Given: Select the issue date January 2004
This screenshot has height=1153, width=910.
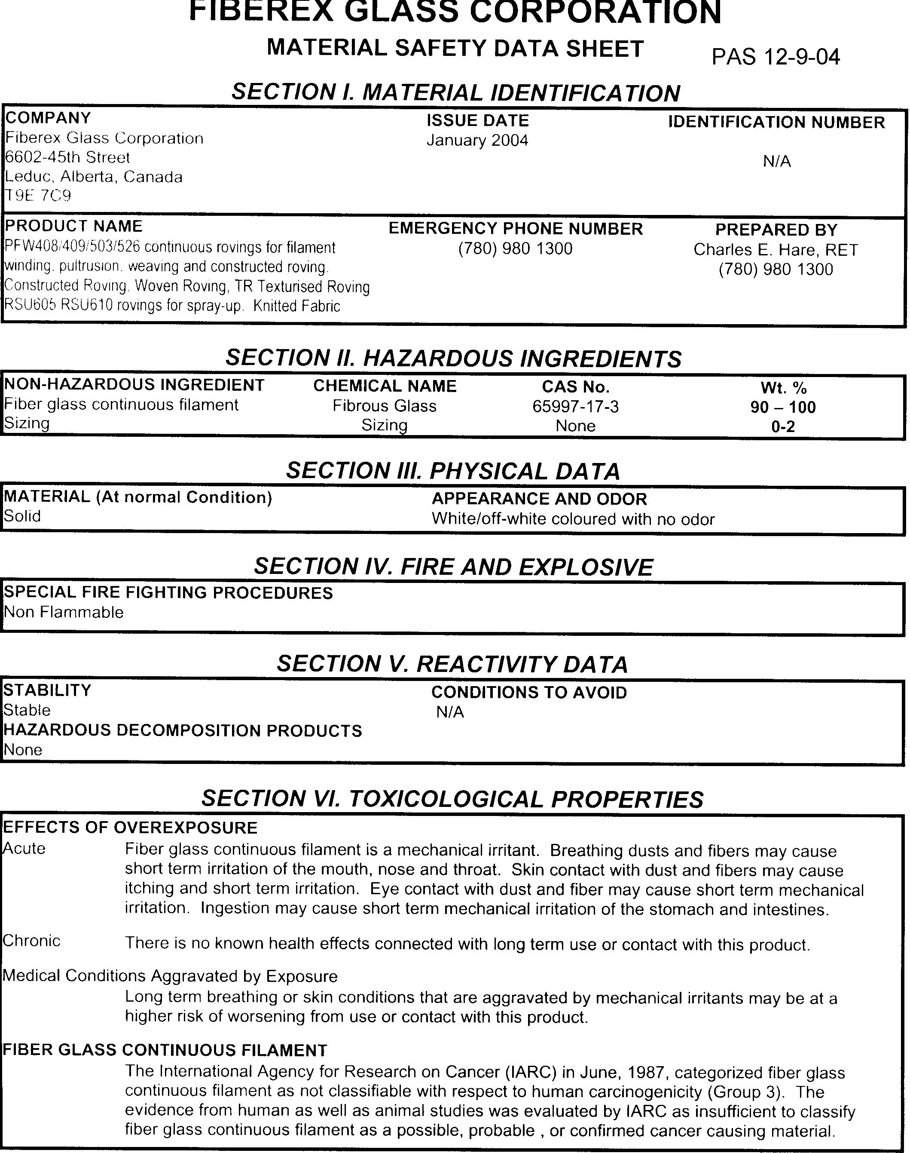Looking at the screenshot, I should (477, 141).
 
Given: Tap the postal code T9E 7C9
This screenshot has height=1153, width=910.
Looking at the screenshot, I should (38, 196).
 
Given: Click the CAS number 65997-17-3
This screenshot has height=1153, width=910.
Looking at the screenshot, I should (575, 407).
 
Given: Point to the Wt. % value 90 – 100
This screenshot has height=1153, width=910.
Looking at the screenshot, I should (783, 407).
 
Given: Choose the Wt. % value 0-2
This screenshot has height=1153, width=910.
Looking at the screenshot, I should (783, 426).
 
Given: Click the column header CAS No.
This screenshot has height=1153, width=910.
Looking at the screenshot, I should (575, 386).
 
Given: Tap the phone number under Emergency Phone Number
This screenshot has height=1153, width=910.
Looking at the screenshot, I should (515, 249).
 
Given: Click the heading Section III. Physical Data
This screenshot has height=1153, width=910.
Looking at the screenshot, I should (453, 471).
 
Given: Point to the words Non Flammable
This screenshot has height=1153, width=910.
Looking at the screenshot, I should (64, 612).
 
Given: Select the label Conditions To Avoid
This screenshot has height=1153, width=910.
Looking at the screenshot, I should (528, 693).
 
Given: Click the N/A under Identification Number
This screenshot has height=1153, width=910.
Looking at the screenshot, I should (776, 162).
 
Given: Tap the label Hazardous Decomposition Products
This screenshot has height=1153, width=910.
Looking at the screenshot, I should (182, 730).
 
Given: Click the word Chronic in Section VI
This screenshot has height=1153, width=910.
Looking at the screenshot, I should (31, 941).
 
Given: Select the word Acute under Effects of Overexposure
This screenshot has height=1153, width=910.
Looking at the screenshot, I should (24, 849).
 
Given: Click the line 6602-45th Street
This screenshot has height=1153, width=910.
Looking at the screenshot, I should (67, 158).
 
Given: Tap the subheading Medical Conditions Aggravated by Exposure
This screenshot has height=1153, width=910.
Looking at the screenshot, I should (170, 976).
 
